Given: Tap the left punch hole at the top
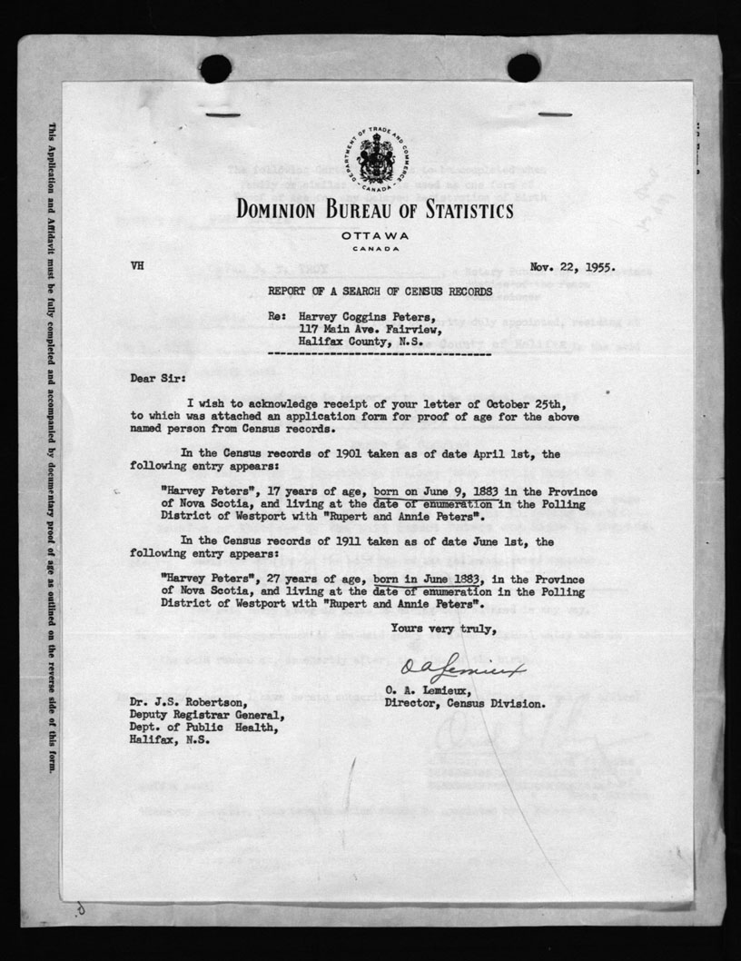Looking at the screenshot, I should [x=216, y=68].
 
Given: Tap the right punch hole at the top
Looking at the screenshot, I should [x=524, y=67].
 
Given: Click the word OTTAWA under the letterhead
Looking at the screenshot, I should [x=375, y=235].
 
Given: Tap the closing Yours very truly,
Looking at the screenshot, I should [x=443, y=628].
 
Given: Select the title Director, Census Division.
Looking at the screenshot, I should [x=465, y=703].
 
